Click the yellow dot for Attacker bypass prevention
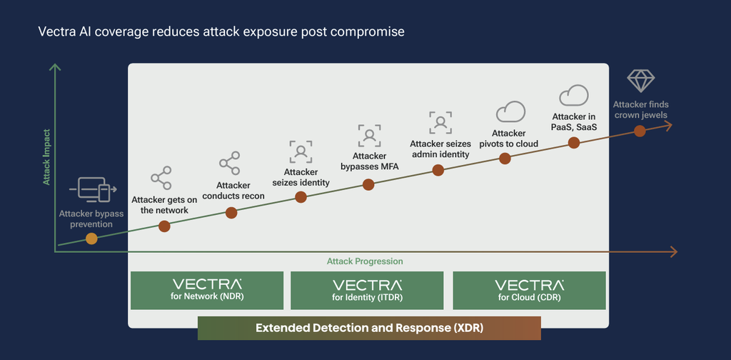pyautogui.click(x=92, y=239)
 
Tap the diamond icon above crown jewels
pyautogui.click(x=640, y=80)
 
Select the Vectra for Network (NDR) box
pyautogui.click(x=207, y=291)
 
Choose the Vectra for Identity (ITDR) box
pyautogui.click(x=367, y=291)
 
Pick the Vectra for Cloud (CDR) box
pyautogui.click(x=529, y=291)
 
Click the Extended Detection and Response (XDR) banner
pyautogui.click(x=369, y=329)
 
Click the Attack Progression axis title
pyautogui.click(x=365, y=261)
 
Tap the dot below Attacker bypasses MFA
pyautogui.click(x=368, y=185)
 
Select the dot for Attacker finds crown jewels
pyautogui.click(x=640, y=131)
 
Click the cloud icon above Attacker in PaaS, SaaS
pyautogui.click(x=573, y=95)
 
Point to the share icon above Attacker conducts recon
pyautogui.click(x=229, y=163)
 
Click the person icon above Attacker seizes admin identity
pyautogui.click(x=440, y=123)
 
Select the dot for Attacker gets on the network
pyautogui.click(x=164, y=226)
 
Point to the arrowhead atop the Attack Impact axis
pyautogui.click(x=55, y=68)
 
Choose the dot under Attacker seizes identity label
pyautogui.click(x=301, y=197)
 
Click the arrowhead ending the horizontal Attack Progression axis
pyautogui.click(x=672, y=252)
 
